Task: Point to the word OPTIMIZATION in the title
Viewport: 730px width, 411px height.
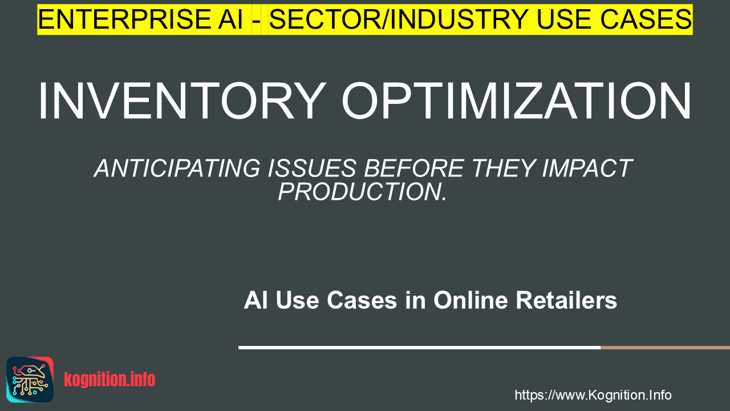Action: [x=516, y=101]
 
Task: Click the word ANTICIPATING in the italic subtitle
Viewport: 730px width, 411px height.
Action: [x=177, y=168]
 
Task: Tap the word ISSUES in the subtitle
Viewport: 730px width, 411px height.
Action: [x=312, y=168]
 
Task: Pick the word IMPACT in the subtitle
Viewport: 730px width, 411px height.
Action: [x=587, y=168]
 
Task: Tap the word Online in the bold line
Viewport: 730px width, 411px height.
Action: [x=471, y=300]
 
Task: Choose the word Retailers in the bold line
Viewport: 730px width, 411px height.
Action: [x=566, y=300]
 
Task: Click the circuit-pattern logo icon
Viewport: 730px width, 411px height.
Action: [x=30, y=380]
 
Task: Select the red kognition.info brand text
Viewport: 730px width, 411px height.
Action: [x=109, y=380]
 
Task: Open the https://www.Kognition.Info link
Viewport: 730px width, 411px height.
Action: [x=593, y=395]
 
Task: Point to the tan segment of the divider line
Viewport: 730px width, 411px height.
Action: [x=665, y=348]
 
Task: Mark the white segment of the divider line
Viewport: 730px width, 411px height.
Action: [x=419, y=348]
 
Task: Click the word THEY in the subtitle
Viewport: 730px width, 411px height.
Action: [x=503, y=168]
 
